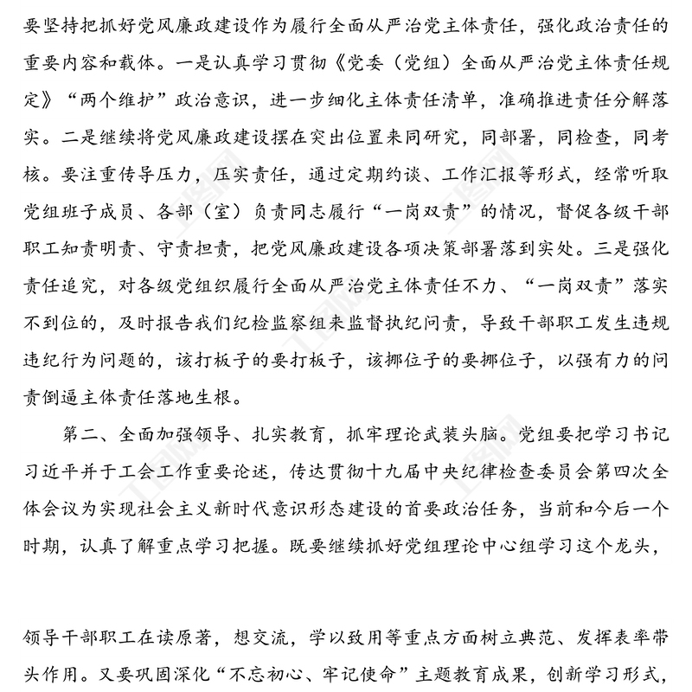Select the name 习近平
(48, 469)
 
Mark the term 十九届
(346, 469)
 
